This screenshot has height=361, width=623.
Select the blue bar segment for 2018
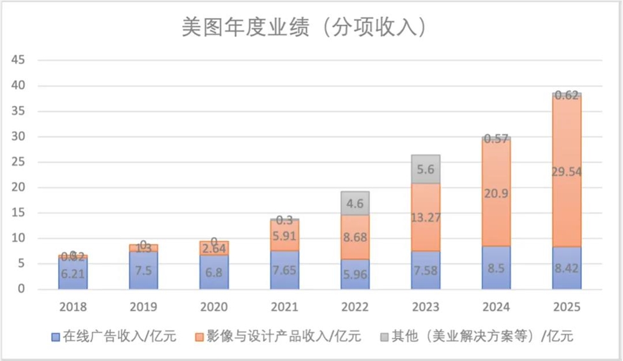(x=73, y=273)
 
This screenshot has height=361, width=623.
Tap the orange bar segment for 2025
(x=567, y=171)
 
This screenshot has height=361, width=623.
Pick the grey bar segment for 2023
(x=426, y=169)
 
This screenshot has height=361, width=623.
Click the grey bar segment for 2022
(x=355, y=204)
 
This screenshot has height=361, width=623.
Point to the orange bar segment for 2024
(x=496, y=193)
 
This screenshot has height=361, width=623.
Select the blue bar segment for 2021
(x=285, y=270)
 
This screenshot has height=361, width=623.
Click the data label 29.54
(x=566, y=172)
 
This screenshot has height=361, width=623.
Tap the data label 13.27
(x=426, y=217)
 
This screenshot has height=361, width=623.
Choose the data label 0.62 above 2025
(x=566, y=95)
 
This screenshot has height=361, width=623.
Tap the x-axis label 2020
(x=214, y=307)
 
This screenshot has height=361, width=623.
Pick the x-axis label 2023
(x=426, y=307)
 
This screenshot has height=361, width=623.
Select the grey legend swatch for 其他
(x=385, y=337)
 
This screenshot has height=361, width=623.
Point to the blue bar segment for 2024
(x=496, y=268)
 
